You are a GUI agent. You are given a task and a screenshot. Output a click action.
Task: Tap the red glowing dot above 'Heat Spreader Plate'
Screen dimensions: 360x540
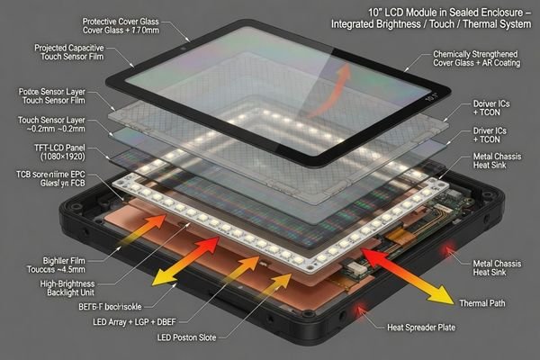tap(364, 312)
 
